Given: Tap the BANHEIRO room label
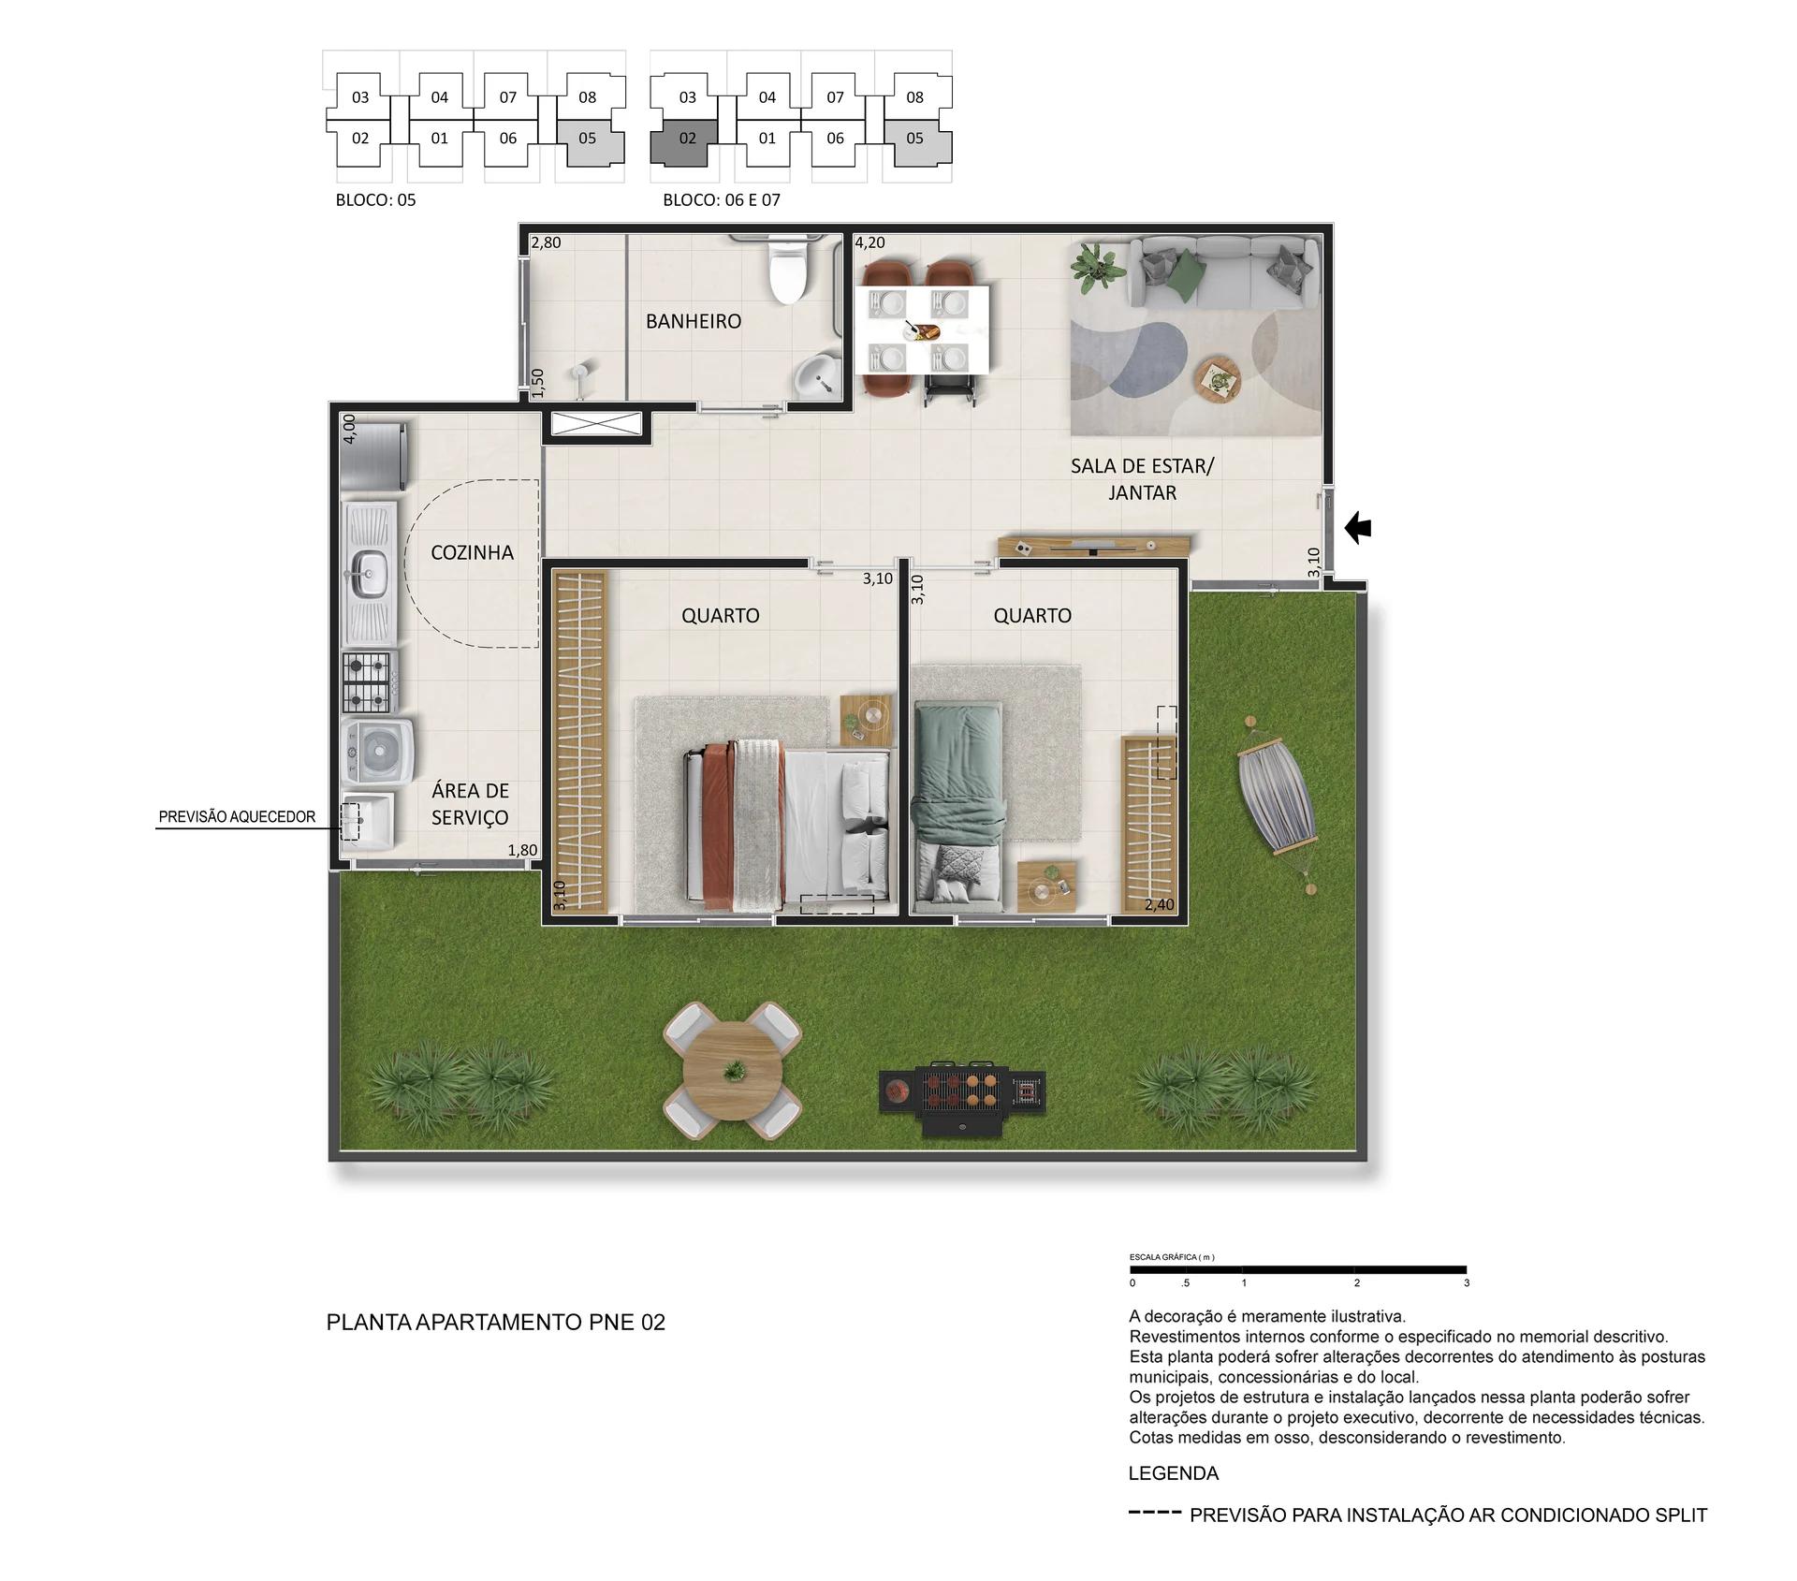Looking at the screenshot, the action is tap(694, 321).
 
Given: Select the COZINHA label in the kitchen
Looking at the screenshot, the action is tap(472, 552).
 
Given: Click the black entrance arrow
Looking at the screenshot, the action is tap(1358, 529).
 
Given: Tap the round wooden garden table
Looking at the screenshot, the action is tap(732, 1071).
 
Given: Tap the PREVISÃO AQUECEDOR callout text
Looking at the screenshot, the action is tap(237, 817).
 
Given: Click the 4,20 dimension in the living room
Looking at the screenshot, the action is tap(869, 242).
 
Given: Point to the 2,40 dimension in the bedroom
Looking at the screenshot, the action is tap(1159, 905).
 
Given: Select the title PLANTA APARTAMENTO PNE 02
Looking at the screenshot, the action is tap(495, 1323).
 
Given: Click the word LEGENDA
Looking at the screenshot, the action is tap(1173, 1473).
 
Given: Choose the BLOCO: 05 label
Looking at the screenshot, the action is tap(375, 199).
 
